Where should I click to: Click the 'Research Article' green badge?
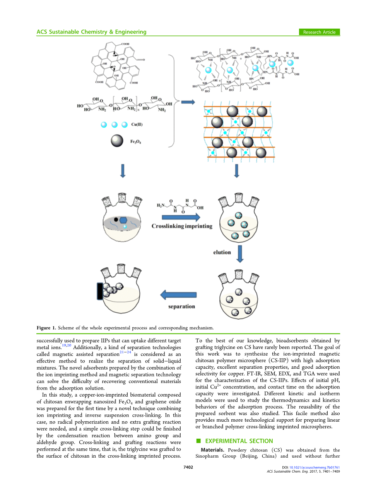(319, 32)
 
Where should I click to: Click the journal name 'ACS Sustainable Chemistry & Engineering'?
(92, 32)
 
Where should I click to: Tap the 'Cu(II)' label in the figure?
(137, 124)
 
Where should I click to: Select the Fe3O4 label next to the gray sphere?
(135, 142)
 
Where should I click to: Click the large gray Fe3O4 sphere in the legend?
(117, 141)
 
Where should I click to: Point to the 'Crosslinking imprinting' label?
(182, 226)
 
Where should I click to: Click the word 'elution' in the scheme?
(222, 252)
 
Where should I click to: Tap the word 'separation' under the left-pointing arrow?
(181, 306)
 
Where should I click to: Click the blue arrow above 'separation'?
(178, 295)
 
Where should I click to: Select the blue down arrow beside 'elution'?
(240, 253)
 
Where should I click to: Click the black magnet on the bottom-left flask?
(100, 291)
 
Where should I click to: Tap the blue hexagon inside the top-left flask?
(123, 220)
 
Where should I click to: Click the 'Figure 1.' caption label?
(46, 328)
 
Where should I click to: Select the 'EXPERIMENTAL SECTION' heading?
(239, 441)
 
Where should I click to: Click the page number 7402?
(188, 467)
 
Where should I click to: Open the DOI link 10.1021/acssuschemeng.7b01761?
(314, 467)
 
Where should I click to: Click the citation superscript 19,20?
(67, 346)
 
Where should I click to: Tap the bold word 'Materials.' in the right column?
(212, 450)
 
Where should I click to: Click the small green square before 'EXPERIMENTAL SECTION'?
(198, 441)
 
